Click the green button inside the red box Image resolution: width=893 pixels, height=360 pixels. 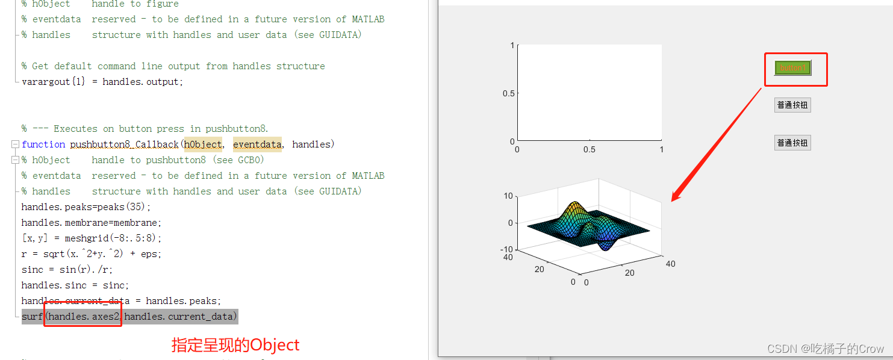click(792, 68)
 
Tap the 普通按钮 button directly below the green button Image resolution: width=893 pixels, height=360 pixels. click(792, 105)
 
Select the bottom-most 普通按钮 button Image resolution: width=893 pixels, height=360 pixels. click(792, 143)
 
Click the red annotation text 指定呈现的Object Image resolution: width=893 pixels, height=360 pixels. click(235, 345)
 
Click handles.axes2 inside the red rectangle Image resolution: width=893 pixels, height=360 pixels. click(84, 316)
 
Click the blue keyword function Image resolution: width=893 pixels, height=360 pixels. click(43, 144)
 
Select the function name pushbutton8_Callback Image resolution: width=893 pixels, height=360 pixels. click(124, 144)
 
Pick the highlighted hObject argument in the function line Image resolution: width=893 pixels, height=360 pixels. click(203, 144)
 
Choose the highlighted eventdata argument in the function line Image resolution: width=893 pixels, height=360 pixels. click(257, 144)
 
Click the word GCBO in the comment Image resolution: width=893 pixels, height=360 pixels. click(251, 160)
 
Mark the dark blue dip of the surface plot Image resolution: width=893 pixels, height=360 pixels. click(605, 244)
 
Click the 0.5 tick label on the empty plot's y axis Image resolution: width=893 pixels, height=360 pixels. click(508, 93)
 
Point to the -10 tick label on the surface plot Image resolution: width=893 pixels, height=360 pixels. click(506, 250)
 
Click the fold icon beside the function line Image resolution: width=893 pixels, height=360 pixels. click(14, 144)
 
